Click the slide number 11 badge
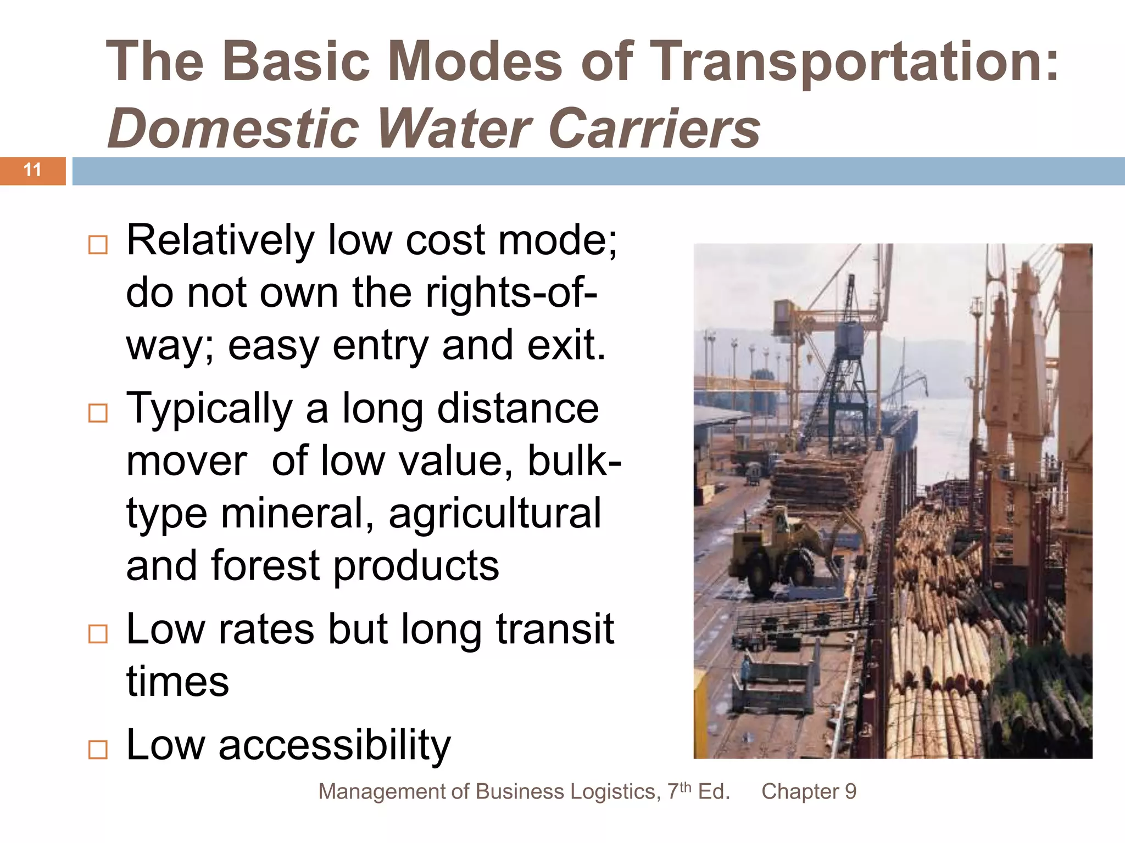point(32,170)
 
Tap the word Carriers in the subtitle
point(654,129)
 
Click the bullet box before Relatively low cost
point(98,245)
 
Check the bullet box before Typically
point(98,413)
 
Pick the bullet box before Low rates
point(98,634)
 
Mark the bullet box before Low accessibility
point(98,749)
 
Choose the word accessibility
point(335,745)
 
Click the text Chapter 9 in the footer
point(809,792)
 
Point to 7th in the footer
point(680,791)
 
